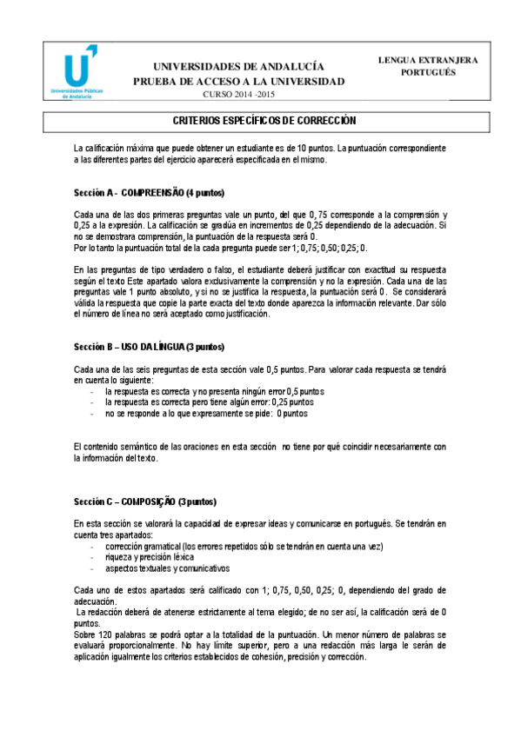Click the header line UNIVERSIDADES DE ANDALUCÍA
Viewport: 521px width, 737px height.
point(238,67)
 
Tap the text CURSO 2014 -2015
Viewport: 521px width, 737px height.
point(238,94)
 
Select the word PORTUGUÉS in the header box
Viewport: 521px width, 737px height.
point(428,73)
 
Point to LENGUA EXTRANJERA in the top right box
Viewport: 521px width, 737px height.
point(428,60)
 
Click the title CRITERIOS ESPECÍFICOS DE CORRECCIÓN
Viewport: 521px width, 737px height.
point(260,120)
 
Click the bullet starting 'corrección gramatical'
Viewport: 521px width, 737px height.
point(244,547)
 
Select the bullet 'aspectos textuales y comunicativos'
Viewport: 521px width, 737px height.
point(173,568)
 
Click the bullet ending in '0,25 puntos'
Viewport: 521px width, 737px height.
point(209,402)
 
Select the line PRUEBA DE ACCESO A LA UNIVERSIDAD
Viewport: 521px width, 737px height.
point(238,82)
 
